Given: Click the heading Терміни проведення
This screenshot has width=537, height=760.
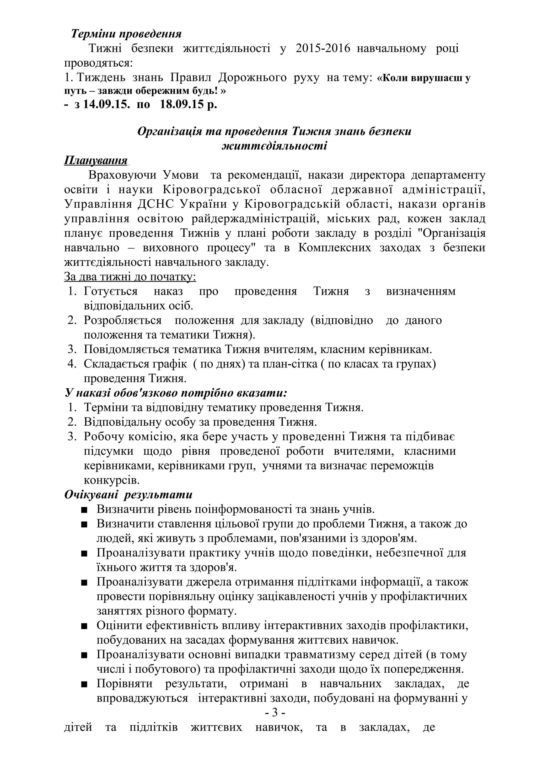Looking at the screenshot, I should pos(126,34).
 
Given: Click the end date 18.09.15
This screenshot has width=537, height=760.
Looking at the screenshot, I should pos(182,105).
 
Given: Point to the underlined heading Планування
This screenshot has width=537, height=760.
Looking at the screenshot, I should pos(96,160).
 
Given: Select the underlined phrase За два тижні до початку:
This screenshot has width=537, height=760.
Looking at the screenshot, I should pos(130,277).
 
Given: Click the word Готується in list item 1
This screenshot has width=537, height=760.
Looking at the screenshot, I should pos(110,291).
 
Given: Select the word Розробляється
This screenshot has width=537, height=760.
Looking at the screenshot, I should pos(123,320).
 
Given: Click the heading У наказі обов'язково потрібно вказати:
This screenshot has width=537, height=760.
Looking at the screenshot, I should pos(176,393).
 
